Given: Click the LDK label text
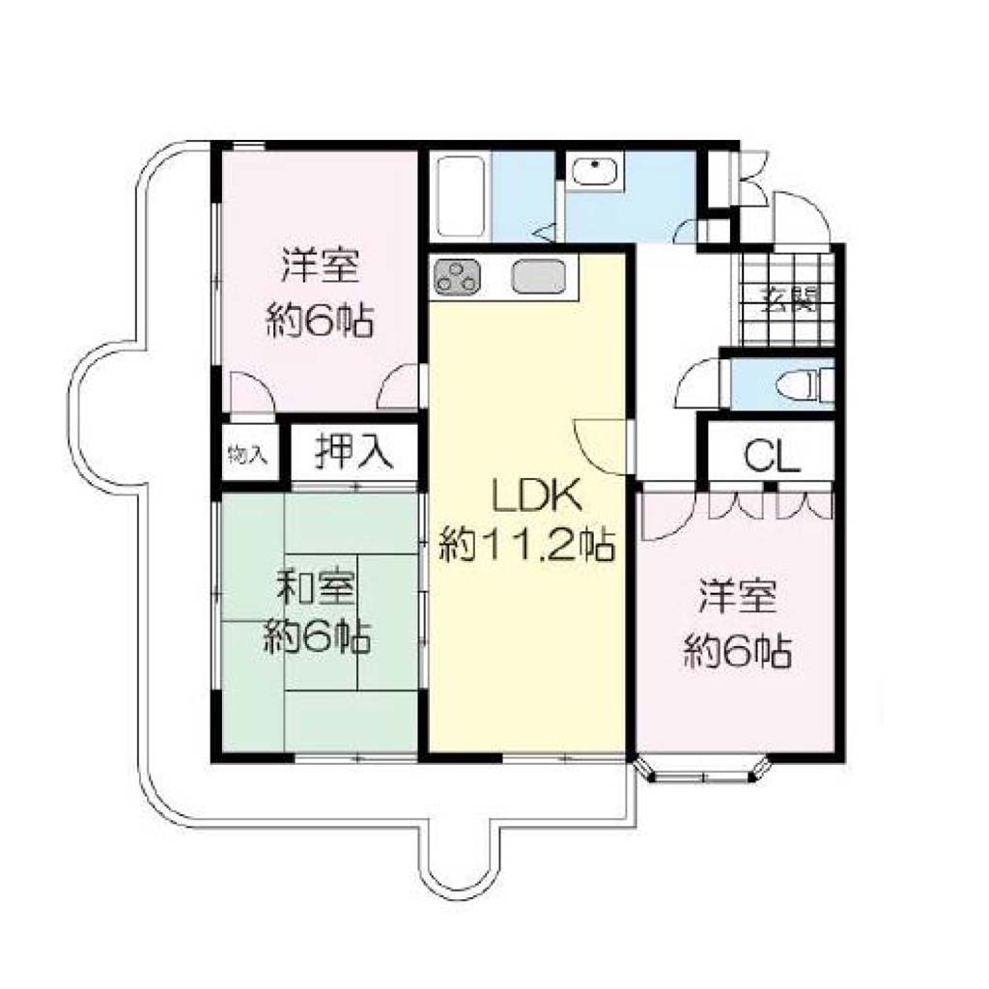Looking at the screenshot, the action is (x=537, y=495).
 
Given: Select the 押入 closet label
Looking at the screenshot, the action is (x=354, y=452).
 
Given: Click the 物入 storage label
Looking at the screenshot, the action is (x=248, y=454).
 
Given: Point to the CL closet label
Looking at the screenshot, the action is (x=772, y=455).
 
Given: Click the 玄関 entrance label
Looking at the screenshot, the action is (x=790, y=300).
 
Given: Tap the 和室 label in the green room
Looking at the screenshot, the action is (x=316, y=588).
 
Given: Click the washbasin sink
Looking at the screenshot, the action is (x=595, y=170).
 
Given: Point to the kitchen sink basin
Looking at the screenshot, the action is (x=538, y=276).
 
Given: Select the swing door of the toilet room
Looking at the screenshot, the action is (x=698, y=382).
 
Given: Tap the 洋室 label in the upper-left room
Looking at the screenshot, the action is (x=321, y=266).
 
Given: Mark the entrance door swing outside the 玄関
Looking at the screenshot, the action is (x=801, y=217).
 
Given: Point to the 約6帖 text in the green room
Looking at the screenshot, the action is (x=316, y=637).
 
